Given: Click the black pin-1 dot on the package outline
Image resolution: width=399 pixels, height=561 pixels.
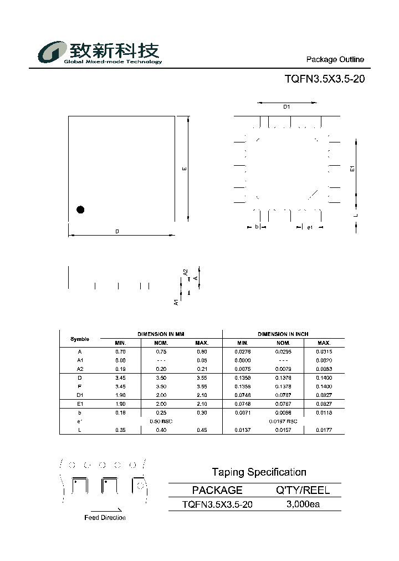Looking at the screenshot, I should coord(80,210).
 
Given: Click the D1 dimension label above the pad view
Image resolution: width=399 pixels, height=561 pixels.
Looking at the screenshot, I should coord(287,106).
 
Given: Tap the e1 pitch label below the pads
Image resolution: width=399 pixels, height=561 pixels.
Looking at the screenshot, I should coord(310,227).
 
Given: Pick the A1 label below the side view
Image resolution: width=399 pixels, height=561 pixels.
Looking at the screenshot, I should coord(176,302).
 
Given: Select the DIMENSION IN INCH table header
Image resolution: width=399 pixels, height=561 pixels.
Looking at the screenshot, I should coord(283,334).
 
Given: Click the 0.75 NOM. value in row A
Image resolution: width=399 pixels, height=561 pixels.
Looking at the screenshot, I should coord(161,351).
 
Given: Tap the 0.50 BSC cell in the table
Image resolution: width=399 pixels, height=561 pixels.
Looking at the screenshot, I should coord(161,421).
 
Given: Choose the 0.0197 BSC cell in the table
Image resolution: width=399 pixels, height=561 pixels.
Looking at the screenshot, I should coord(283,421).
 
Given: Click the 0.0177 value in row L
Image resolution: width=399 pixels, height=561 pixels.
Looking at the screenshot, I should coord(324,430).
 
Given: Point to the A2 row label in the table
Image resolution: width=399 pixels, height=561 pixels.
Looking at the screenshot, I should coord(80,369).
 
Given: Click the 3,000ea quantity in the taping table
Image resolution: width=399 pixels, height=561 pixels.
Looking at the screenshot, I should coord(303,504).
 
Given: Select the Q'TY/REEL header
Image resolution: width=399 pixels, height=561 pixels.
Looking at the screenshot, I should coord(303,490).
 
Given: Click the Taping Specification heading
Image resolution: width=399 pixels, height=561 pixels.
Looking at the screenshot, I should coord(259,472).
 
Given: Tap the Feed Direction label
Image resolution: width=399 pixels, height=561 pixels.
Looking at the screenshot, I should coord(105,518).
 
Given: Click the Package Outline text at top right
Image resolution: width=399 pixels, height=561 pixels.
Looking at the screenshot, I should coord(335,59).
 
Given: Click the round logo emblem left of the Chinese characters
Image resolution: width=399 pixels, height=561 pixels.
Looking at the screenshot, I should coord(52,53).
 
